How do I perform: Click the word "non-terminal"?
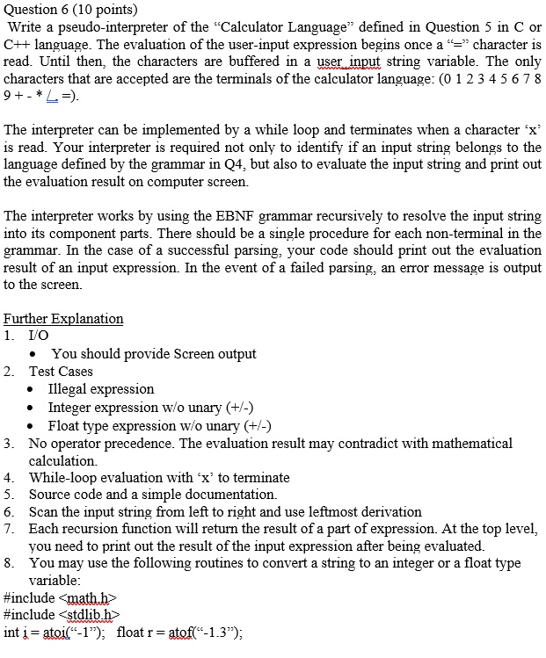click(x=468, y=233)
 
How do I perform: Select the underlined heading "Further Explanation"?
click(x=63, y=319)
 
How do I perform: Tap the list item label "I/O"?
click(x=40, y=336)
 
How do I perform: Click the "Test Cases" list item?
click(x=61, y=371)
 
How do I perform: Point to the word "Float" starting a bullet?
click(x=64, y=426)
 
